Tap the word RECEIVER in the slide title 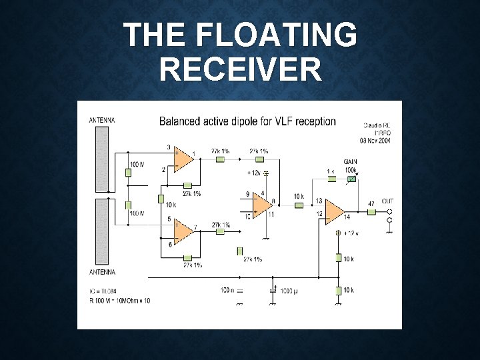[240, 68]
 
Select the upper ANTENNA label [102, 120]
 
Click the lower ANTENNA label [102, 272]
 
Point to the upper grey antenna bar [102, 159]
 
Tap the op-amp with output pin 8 [263, 203]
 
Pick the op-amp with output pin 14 [334, 213]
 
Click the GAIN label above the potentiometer [350, 162]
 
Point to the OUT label [387, 201]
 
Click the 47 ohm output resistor [371, 211]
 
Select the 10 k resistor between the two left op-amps [161, 199]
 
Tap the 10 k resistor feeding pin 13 [299, 205]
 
